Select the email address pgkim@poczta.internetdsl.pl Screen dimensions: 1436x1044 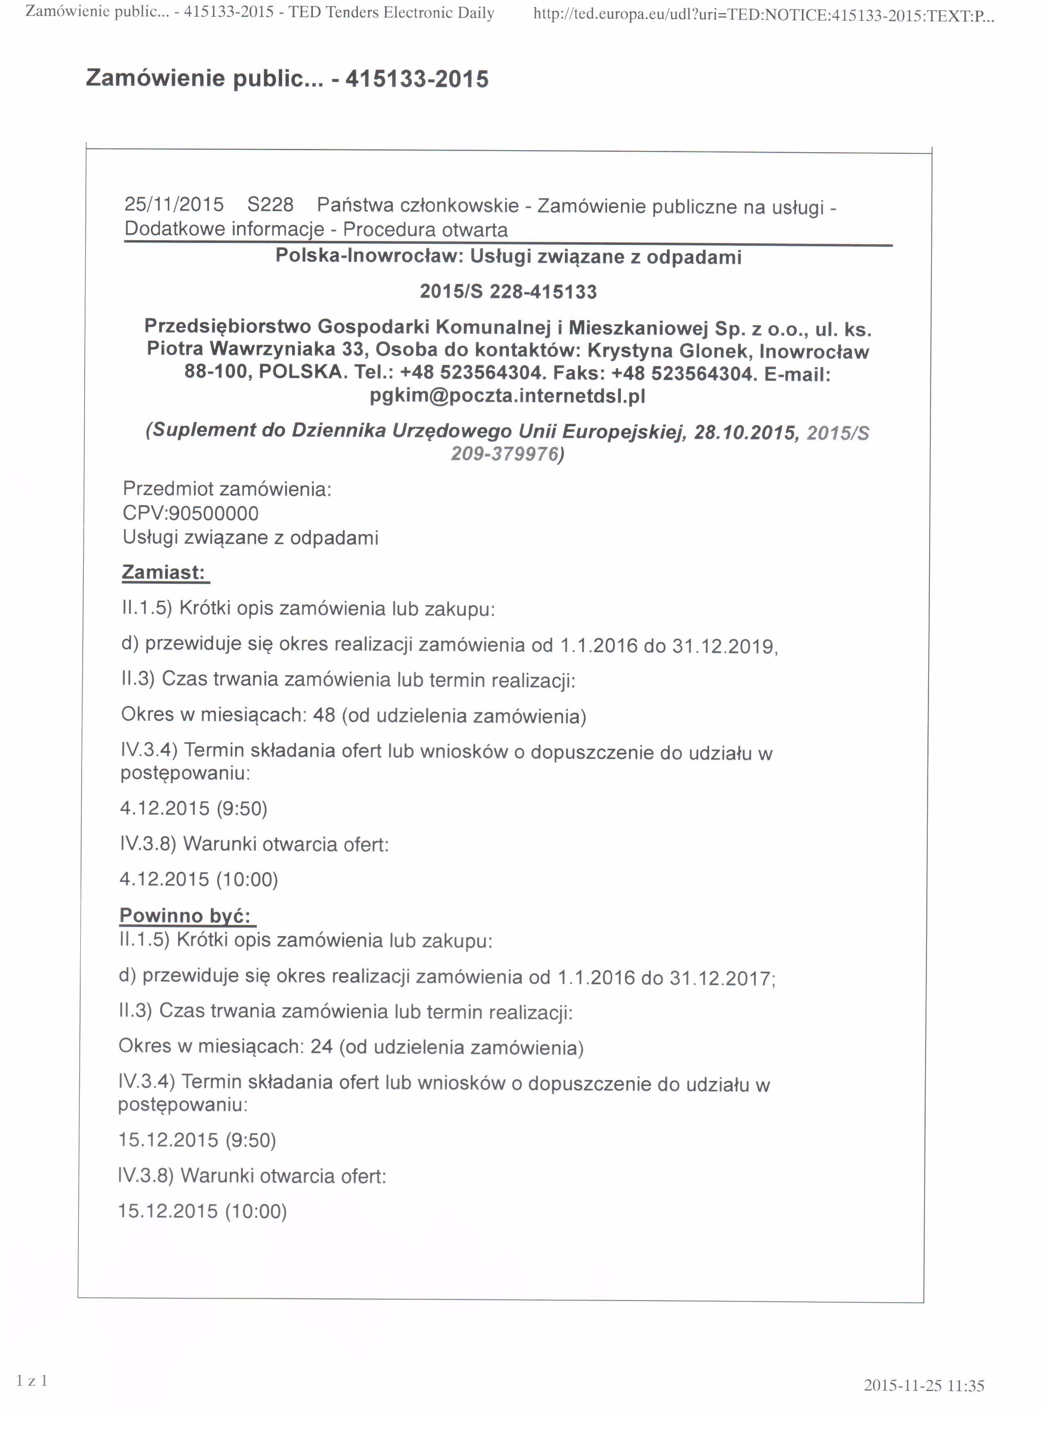pyautogui.click(x=507, y=396)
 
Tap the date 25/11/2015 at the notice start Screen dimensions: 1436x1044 pyautogui.click(x=174, y=205)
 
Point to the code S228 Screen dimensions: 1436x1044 pyautogui.click(x=270, y=205)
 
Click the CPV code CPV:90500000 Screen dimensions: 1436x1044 pyautogui.click(x=191, y=513)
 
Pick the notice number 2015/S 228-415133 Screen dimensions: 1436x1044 pyautogui.click(x=508, y=292)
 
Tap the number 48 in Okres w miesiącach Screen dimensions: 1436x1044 pyautogui.click(x=324, y=715)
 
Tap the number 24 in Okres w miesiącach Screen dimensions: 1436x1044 pyautogui.click(x=322, y=1046)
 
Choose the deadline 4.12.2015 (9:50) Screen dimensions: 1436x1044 pyautogui.click(x=193, y=808)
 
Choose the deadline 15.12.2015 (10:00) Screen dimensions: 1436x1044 pyautogui.click(x=202, y=1211)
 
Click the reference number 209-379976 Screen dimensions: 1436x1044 pyautogui.click(x=506, y=454)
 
